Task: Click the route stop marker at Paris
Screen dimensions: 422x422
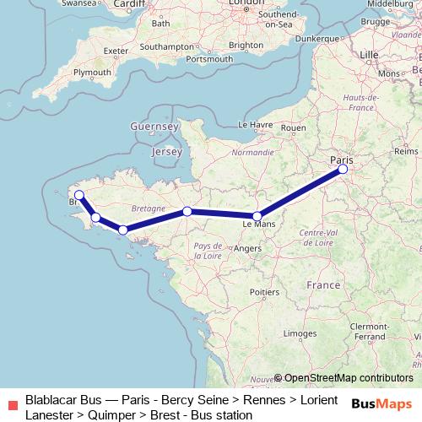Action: pyautogui.click(x=343, y=170)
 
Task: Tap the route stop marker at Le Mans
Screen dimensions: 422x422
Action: pyautogui.click(x=257, y=216)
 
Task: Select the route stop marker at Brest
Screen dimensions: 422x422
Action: pyautogui.click(x=78, y=195)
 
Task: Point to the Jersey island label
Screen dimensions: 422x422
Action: pyautogui.click(x=165, y=152)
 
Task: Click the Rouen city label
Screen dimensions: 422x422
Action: pyautogui.click(x=293, y=128)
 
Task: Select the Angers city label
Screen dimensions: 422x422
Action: pyautogui.click(x=248, y=249)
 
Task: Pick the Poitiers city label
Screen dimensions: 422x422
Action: pyautogui.click(x=265, y=291)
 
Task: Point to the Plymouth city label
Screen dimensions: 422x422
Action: pyautogui.click(x=93, y=73)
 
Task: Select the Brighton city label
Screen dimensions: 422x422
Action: pyautogui.click(x=246, y=45)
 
